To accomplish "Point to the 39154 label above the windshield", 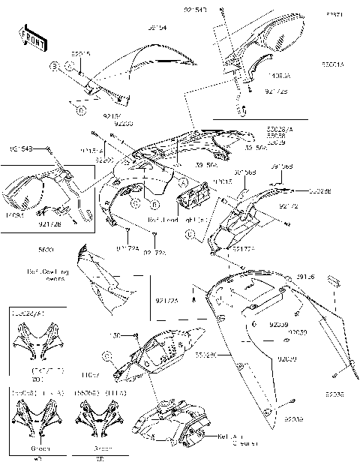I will coord(157,28).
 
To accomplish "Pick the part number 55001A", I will coord(333,65).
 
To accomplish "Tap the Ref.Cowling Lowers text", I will coord(48,274).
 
